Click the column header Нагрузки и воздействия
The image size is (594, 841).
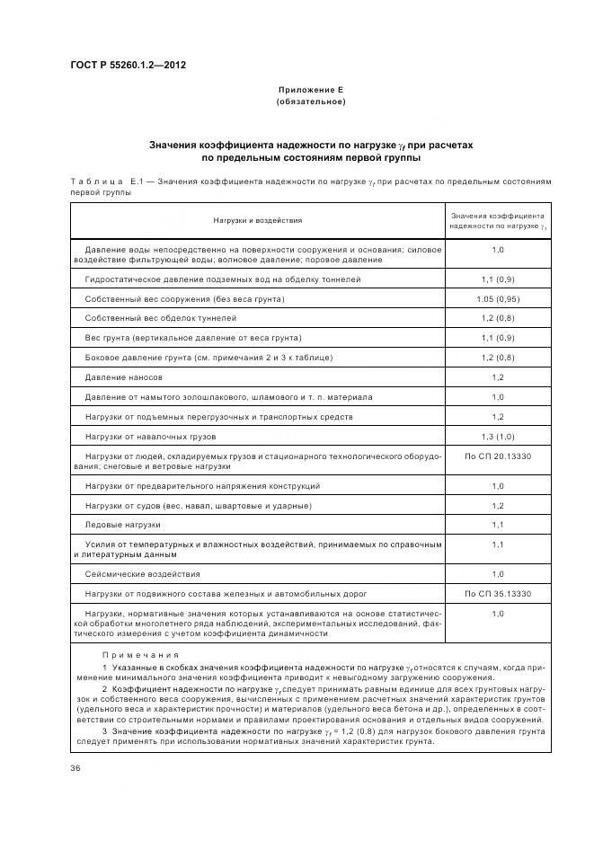click(x=257, y=219)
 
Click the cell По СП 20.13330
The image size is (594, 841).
click(x=497, y=457)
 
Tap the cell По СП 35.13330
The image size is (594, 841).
click(x=497, y=593)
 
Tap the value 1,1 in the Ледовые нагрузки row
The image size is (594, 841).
click(x=497, y=524)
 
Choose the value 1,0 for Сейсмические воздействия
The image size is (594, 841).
click(x=497, y=572)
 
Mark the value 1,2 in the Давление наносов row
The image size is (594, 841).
click(x=497, y=377)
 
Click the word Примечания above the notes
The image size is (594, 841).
click(x=140, y=655)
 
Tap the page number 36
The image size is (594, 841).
click(x=75, y=768)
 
